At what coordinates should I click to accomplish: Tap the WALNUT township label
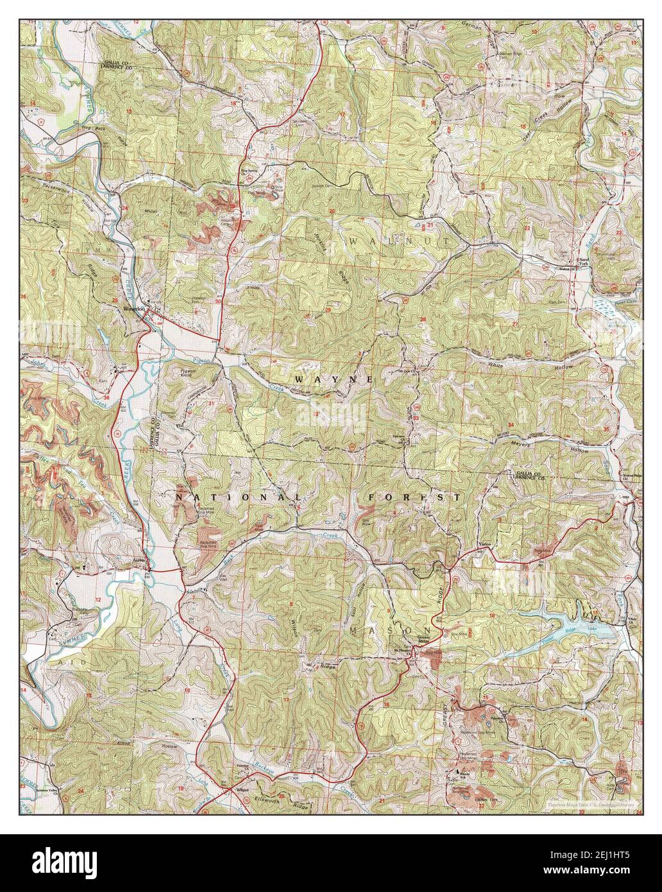(381, 240)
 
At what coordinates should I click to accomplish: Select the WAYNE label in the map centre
(334, 379)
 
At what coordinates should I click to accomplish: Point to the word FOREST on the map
(414, 497)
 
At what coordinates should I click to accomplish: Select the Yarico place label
(485, 545)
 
